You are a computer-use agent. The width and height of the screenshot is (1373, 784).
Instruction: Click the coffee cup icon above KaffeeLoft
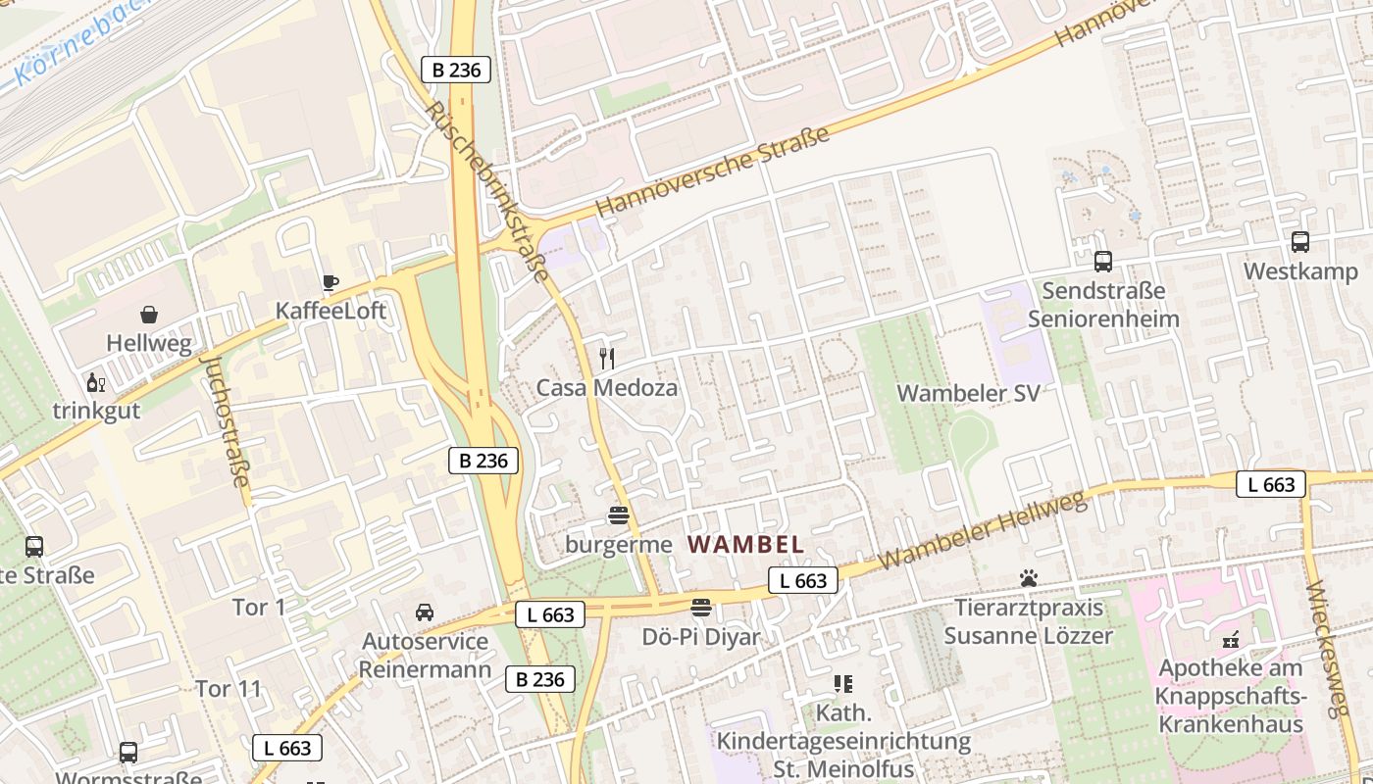[331, 283]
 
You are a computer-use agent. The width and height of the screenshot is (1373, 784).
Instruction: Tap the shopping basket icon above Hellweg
[149, 315]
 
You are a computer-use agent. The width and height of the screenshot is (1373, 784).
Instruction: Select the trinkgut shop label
[96, 411]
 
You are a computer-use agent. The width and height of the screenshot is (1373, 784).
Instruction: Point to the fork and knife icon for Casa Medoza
[606, 359]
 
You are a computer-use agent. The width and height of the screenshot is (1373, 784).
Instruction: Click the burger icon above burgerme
[618, 514]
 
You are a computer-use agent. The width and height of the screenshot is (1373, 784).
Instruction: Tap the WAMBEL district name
[745, 545]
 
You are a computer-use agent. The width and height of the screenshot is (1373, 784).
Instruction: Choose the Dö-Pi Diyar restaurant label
[700, 637]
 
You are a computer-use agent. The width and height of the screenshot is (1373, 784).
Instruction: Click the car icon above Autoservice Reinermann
[425, 612]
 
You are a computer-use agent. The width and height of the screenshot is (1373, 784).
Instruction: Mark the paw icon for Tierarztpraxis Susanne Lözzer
[1028, 578]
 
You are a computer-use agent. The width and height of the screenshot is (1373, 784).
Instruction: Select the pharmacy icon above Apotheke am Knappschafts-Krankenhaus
[1231, 640]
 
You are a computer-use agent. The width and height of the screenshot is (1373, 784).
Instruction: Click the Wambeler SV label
[968, 393]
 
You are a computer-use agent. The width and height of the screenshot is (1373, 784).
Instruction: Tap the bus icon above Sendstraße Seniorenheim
[1103, 262]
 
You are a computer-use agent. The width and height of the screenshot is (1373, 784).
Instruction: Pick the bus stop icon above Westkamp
[1300, 242]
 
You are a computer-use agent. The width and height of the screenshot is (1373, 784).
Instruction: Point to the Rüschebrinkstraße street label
[487, 189]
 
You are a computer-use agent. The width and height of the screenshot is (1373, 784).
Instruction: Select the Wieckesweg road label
[1330, 647]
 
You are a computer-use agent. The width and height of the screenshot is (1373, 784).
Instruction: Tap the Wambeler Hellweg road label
[984, 530]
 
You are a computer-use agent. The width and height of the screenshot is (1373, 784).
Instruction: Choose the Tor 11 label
[229, 689]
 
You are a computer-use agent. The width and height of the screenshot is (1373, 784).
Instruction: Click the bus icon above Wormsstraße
[128, 753]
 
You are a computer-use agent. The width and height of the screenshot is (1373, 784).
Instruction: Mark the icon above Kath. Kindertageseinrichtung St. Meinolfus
[842, 683]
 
